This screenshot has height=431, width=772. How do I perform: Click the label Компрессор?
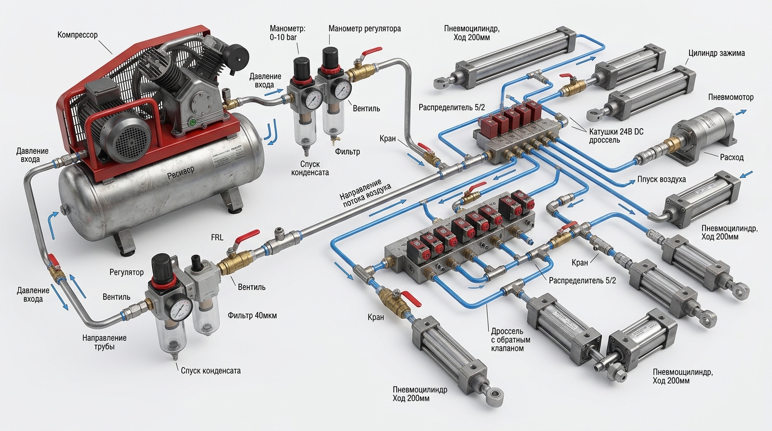pyautogui.click(x=77, y=35)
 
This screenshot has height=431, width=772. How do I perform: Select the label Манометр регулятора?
pyautogui.click(x=365, y=29)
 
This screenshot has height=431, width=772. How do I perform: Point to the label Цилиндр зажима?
pyautogui.click(x=716, y=53)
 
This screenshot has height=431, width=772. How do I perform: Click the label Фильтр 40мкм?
pyautogui.click(x=252, y=315)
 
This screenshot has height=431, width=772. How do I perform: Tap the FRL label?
pyautogui.click(x=217, y=237)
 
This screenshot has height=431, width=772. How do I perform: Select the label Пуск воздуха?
pyautogui.click(x=661, y=179)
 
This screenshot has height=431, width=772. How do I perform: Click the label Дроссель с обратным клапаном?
pyautogui.click(x=511, y=340)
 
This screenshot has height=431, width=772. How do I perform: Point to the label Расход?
pyautogui.click(x=732, y=158)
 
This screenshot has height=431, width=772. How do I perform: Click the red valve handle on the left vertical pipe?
pyautogui.click(x=52, y=259)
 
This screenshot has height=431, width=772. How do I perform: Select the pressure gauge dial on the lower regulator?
pyautogui.click(x=181, y=308)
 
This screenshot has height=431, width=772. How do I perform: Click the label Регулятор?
pyautogui.click(x=126, y=272)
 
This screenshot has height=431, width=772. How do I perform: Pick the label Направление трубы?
pyautogui.click(x=104, y=342)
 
